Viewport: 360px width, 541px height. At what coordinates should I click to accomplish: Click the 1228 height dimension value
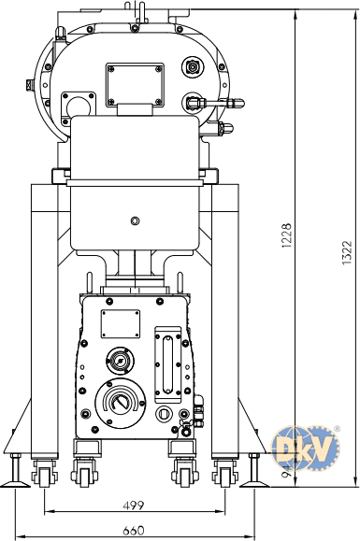pyautogui.click(x=286, y=235)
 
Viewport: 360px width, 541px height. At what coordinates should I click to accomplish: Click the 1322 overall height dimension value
pyautogui.click(x=347, y=253)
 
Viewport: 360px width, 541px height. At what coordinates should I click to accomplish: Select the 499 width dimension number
pyautogui.click(x=134, y=505)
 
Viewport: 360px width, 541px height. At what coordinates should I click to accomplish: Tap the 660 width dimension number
pyautogui.click(x=134, y=530)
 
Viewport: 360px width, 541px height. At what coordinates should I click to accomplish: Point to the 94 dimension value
pyautogui.click(x=286, y=471)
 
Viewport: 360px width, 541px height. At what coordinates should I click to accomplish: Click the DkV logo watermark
pyautogui.click(x=306, y=448)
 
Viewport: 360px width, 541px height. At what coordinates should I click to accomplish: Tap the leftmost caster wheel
pyautogui.click(x=44, y=477)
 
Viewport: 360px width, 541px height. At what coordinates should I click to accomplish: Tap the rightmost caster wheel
pyautogui.click(x=224, y=477)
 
